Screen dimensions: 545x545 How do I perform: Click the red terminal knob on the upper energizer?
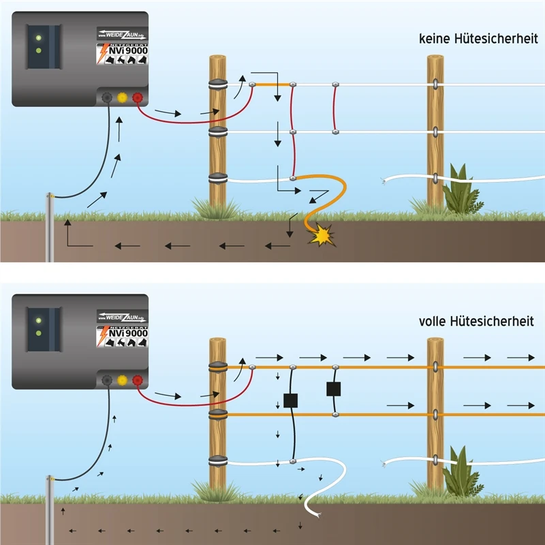[138, 98]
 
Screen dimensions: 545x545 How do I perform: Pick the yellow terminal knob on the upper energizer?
[122, 98]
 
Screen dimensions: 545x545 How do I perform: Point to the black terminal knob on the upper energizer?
[107, 98]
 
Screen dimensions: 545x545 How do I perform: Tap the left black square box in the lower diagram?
[291, 401]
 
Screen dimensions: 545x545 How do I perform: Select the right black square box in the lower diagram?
[333, 389]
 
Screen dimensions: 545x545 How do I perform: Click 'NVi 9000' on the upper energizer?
[128, 51]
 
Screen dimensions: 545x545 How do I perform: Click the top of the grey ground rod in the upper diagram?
[50, 196]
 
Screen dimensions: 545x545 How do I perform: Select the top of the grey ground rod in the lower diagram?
[50, 480]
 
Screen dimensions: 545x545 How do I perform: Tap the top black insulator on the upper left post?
[218, 85]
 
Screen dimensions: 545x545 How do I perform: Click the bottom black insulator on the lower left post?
[218, 460]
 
